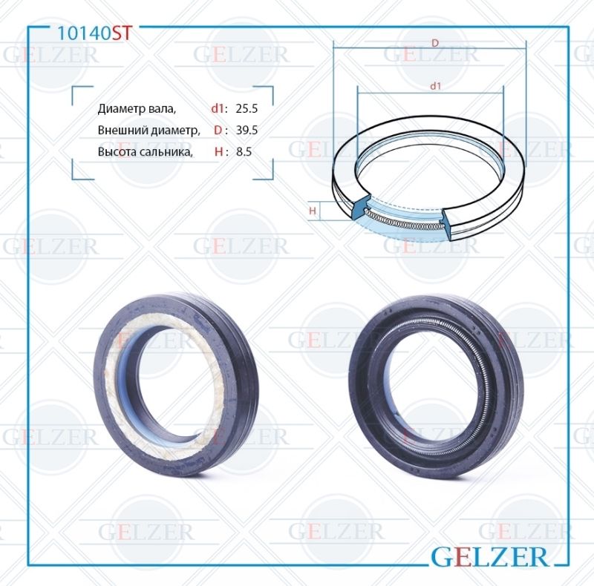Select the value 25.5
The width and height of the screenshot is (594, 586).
coord(246,108)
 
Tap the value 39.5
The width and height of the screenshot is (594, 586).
coord(246,130)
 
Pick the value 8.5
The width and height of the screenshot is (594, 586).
coord(244,151)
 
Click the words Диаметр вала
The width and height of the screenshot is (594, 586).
coord(137,108)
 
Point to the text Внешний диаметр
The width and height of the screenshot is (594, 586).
coord(149,130)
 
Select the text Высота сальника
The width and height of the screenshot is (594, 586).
coord(146,151)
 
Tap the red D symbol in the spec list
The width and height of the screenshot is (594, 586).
coord(218,130)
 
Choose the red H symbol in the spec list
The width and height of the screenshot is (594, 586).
coord(218,151)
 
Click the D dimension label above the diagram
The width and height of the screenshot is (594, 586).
coord(435,43)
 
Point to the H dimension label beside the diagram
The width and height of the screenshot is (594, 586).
coord(313,211)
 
